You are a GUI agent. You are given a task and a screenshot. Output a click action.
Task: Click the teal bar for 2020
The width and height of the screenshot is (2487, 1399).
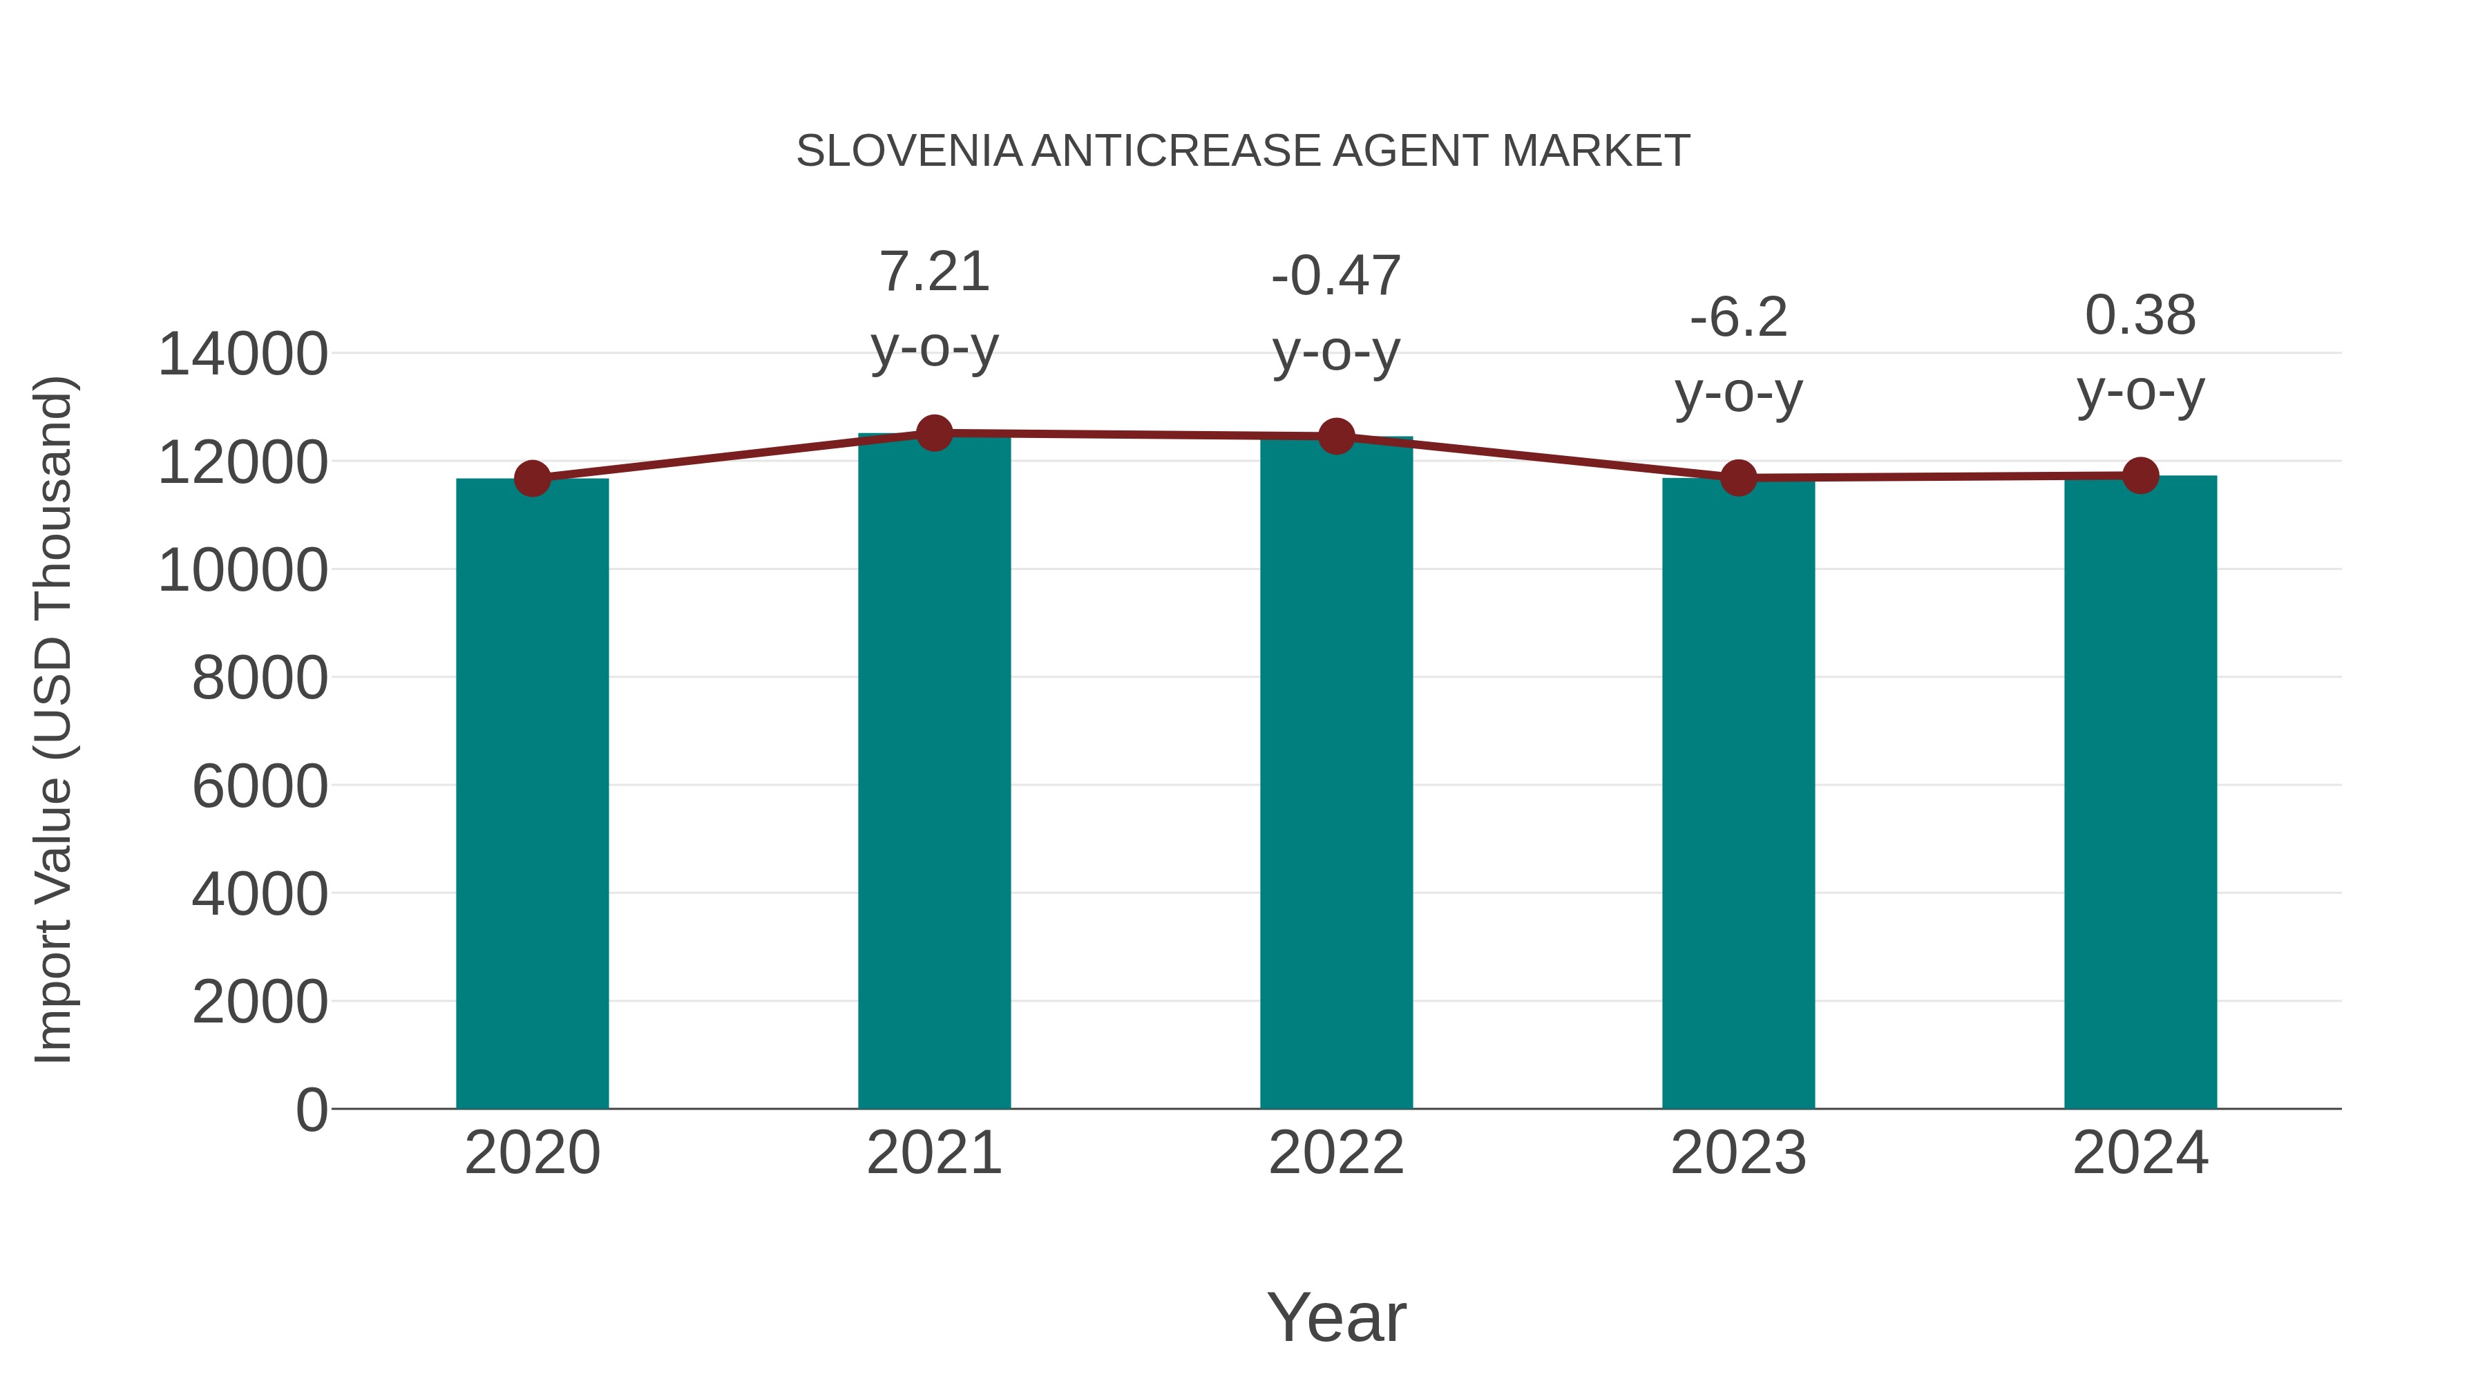[532, 792]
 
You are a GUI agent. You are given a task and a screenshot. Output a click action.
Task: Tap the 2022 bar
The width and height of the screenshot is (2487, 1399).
[1336, 772]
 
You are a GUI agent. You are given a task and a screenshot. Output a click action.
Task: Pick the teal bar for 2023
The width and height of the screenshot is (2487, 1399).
[1738, 792]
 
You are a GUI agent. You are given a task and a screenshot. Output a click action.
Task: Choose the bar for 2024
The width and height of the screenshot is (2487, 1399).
[2140, 792]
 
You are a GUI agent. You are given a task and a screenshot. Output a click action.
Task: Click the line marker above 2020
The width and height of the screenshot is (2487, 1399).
[532, 478]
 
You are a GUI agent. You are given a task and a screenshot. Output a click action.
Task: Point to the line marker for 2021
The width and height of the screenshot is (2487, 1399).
[933, 433]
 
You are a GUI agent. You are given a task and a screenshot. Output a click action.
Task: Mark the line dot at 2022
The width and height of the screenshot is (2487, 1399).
[1336, 437]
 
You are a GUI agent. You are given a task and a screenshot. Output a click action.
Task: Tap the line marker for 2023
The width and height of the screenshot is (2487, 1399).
[1738, 477]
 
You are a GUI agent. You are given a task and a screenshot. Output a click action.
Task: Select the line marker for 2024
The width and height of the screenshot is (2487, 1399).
[2140, 475]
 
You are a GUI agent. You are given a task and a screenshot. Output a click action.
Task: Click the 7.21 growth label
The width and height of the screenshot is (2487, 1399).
[933, 272]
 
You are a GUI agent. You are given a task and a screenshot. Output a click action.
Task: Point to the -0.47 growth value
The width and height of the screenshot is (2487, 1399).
[1336, 276]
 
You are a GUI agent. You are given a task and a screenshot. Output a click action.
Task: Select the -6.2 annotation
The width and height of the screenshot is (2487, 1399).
[1738, 318]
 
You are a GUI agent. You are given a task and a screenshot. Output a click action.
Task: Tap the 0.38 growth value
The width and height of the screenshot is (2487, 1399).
[2140, 316]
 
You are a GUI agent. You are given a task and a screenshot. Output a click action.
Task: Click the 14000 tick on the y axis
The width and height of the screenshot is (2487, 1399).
[242, 354]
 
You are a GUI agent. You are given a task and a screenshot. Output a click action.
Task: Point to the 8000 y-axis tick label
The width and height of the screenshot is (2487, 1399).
[260, 678]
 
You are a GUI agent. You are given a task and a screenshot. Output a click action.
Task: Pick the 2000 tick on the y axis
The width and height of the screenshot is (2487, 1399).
[260, 1002]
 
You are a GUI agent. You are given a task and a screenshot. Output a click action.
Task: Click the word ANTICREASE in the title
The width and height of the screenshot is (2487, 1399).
[1175, 151]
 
